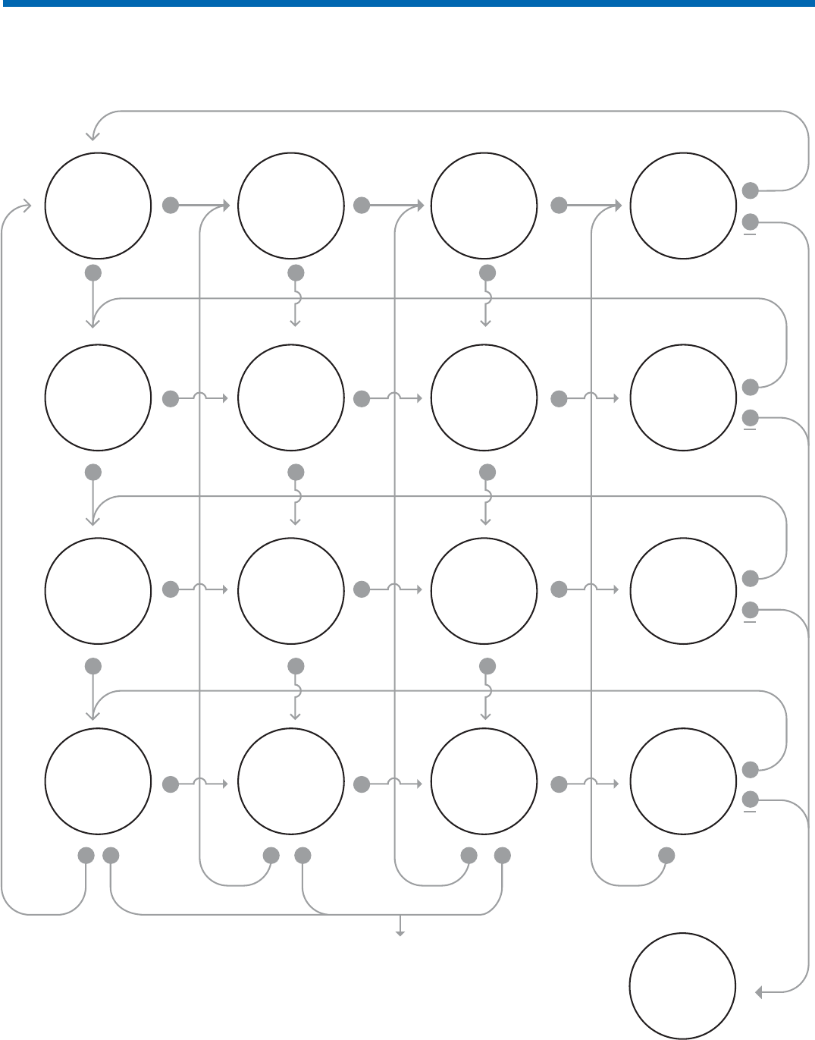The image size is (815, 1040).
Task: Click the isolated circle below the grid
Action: click(682, 985)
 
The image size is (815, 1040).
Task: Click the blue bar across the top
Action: click(407, 4)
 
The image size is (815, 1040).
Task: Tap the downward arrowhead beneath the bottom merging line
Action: click(400, 932)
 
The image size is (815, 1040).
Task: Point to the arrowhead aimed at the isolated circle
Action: click(759, 991)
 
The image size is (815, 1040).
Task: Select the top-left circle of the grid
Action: click(98, 206)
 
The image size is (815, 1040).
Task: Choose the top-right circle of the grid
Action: click(682, 206)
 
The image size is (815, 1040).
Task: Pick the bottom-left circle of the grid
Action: click(98, 781)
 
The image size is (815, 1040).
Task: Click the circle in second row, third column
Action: click(484, 397)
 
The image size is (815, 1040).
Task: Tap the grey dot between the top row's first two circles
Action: click(171, 205)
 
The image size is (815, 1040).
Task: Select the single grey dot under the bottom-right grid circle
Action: click(666, 856)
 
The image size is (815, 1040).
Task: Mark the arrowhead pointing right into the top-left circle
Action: click(27, 206)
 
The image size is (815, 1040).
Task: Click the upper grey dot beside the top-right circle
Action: click(750, 190)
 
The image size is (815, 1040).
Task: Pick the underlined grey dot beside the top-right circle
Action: click(750, 222)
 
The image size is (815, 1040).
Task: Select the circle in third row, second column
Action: click(291, 590)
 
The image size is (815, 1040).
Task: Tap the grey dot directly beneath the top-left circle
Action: click(92, 272)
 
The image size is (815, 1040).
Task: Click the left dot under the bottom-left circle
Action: click(86, 856)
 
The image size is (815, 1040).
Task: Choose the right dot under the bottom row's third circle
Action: click(502, 856)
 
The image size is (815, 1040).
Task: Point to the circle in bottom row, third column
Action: click(484, 781)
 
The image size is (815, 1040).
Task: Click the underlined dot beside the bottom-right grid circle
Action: click(750, 799)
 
